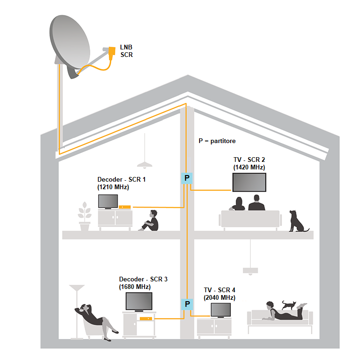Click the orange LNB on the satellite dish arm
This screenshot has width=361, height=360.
112,51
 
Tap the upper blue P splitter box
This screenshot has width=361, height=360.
187,178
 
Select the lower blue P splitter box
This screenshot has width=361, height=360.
187,304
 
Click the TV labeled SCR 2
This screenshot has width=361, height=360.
249,182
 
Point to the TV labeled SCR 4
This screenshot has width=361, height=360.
220,310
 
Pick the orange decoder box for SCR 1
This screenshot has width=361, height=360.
125,207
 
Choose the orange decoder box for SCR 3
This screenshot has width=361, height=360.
146,319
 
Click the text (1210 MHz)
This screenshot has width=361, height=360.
113,187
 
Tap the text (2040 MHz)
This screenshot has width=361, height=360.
219,297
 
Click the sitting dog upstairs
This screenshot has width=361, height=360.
297,221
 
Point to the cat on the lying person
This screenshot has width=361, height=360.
289,305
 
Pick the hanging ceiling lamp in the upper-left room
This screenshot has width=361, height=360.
144,164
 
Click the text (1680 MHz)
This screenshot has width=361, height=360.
135,287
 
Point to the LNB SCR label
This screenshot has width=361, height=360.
126,51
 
